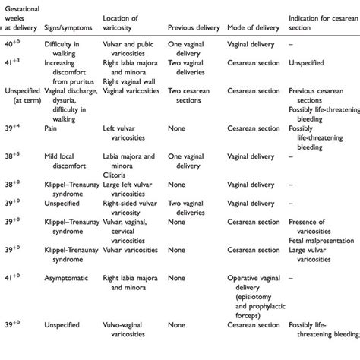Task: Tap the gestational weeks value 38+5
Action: (x=17, y=156)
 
